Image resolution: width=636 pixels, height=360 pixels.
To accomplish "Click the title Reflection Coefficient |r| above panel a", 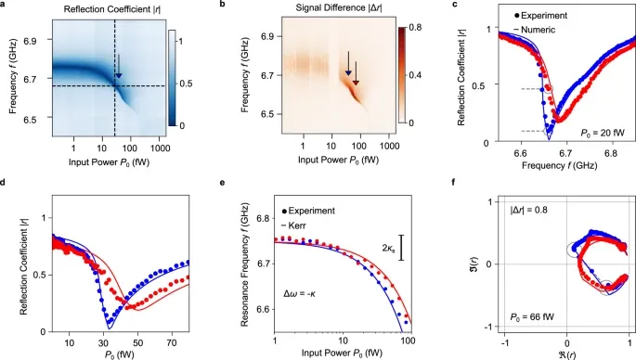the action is point(112,9).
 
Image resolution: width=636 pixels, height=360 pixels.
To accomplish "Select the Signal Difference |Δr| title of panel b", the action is point(338,8).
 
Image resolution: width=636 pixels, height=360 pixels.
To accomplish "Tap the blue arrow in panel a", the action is point(119,66).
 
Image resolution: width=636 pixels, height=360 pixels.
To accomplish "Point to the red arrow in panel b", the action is point(356,73).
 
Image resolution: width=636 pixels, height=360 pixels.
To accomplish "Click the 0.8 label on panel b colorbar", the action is point(416,28).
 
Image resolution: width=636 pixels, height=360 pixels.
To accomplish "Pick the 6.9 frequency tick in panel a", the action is point(32,42).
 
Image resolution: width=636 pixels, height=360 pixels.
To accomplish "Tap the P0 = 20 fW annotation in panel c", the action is point(602,133).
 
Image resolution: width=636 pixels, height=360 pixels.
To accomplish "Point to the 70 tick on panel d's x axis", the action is point(171,342).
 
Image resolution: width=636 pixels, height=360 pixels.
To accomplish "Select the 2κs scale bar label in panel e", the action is point(388,248).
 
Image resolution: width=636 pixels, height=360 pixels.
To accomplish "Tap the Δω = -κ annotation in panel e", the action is point(299,293).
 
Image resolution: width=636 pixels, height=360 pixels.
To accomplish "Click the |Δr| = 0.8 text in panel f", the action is point(529,210).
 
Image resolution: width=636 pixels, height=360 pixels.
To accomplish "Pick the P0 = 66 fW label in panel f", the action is point(532,316).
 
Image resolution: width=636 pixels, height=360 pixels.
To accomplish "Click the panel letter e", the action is point(222,183).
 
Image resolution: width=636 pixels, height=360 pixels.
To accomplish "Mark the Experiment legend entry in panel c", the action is point(540,16).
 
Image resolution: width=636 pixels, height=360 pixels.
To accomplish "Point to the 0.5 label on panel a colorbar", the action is point(186,84).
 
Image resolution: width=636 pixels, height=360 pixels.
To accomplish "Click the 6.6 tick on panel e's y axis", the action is point(263,309).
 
